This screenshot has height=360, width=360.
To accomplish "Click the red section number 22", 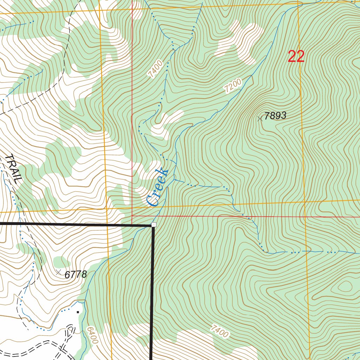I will (296, 57).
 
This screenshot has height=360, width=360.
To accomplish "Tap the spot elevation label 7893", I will (275, 116).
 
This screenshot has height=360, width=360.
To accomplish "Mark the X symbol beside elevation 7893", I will (260, 119).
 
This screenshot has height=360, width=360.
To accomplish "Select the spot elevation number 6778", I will (76, 275).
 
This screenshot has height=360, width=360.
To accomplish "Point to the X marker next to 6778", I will (58, 272).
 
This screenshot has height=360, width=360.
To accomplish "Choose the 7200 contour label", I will (233, 86).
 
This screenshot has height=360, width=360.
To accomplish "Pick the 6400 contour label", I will (90, 335).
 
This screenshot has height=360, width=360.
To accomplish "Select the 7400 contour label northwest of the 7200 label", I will (155, 69).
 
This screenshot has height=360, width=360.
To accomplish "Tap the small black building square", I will (77, 311).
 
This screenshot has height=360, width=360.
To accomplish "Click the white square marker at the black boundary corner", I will (154, 225).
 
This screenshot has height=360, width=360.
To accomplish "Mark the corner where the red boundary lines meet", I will (132, 216).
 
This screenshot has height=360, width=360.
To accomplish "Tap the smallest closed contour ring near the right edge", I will (346, 285).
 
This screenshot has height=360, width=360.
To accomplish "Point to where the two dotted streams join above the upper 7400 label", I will (173, 49).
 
